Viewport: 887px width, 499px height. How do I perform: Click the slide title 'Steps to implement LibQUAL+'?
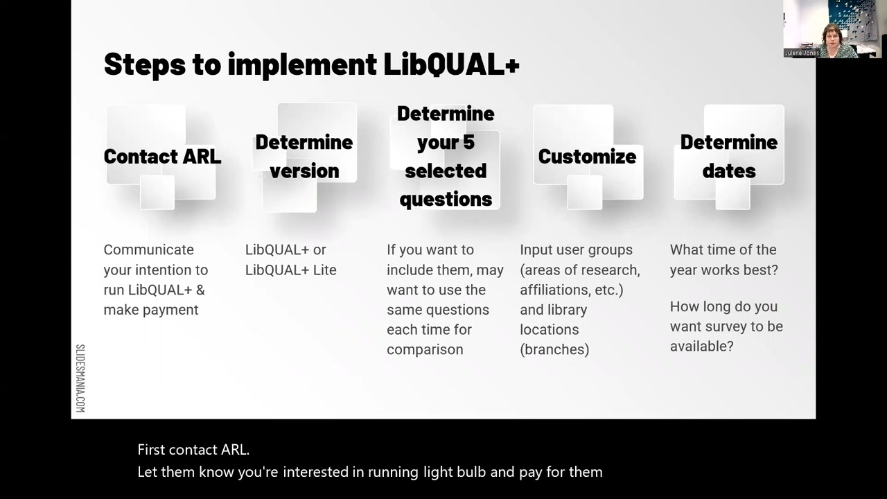(x=311, y=64)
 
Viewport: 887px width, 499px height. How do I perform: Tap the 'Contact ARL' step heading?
(x=162, y=157)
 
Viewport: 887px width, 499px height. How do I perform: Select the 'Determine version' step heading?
(x=304, y=157)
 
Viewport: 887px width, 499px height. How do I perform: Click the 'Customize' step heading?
(x=587, y=157)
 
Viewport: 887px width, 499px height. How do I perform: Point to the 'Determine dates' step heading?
(x=728, y=157)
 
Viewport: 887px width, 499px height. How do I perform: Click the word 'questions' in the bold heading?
(x=446, y=200)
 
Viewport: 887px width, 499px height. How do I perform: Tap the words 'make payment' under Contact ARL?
(x=151, y=310)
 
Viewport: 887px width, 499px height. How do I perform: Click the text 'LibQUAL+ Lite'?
(x=290, y=270)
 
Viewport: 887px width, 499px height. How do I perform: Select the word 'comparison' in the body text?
(x=425, y=350)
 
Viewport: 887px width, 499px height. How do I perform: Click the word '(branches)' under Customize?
(x=554, y=350)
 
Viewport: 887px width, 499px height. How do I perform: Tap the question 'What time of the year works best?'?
(x=723, y=260)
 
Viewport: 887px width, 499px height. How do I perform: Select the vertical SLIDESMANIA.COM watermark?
(x=80, y=378)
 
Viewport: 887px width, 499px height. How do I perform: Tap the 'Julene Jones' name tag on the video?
(x=801, y=53)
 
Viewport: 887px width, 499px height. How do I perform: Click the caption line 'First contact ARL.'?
(x=193, y=450)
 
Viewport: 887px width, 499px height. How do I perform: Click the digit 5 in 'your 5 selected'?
(x=468, y=143)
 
